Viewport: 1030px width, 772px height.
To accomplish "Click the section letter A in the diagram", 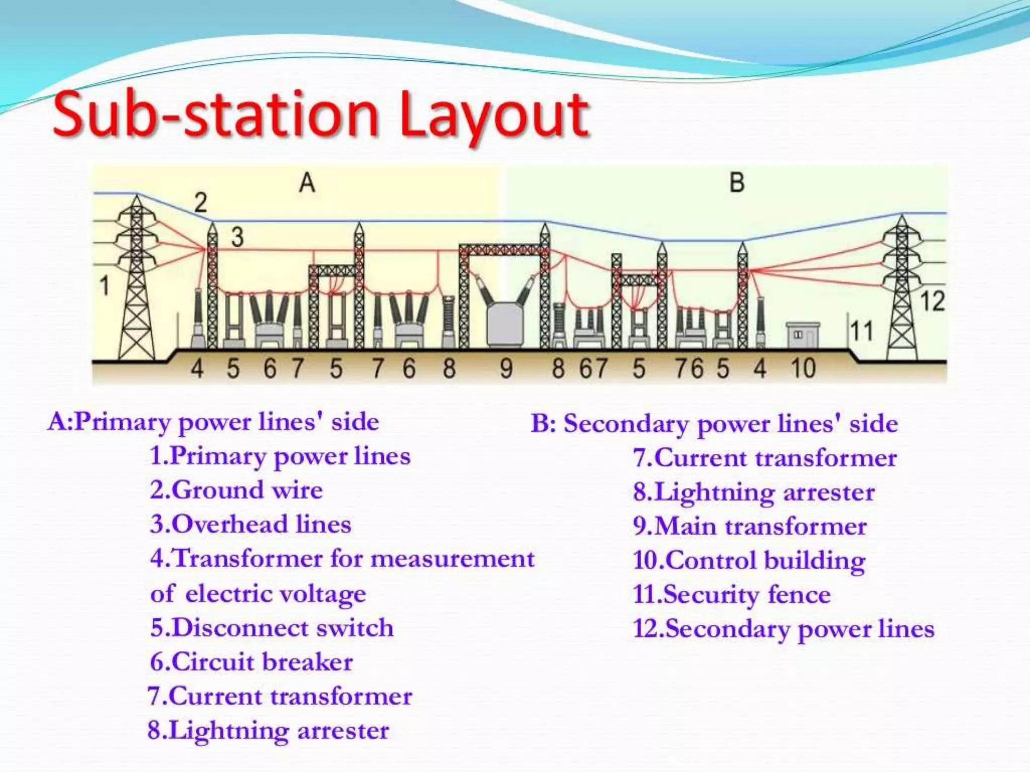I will [307, 182].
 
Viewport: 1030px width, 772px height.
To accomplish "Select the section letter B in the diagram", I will [736, 182].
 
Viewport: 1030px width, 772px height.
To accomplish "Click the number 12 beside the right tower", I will [932, 301].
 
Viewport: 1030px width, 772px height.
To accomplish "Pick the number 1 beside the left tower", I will [104, 286].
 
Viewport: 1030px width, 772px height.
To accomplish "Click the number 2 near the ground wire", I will [200, 203].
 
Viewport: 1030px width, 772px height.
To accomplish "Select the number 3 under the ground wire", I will [237, 236].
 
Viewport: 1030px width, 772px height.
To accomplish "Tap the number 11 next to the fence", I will [861, 331].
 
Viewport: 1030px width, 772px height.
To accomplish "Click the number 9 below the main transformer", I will [506, 368].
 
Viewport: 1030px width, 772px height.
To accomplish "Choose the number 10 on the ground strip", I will [803, 368].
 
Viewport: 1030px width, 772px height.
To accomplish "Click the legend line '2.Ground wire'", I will [236, 490].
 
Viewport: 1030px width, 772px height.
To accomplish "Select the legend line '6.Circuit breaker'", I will [251, 662].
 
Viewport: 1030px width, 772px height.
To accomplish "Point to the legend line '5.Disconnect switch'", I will [272, 628].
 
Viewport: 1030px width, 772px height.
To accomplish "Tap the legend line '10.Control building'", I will [749, 560].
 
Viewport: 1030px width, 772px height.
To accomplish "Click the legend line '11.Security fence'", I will [732, 595].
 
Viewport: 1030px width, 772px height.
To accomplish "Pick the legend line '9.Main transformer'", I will [750, 526].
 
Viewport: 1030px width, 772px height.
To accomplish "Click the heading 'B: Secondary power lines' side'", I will [714, 424].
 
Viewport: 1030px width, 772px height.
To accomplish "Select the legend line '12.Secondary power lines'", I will [784, 629].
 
